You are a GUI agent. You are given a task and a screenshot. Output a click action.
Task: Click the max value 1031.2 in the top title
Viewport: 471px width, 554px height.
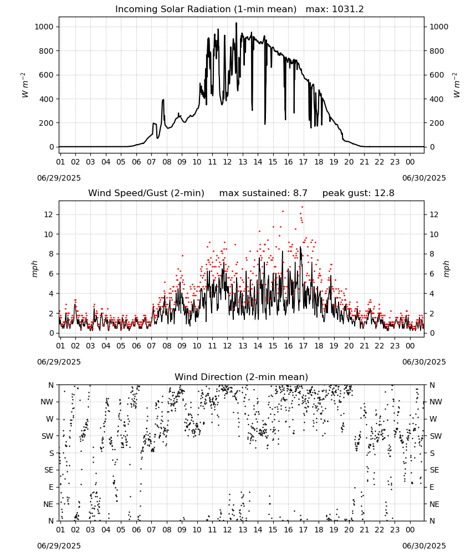[348, 9]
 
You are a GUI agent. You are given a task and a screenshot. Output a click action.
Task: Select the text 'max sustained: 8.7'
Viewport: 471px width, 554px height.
[263, 193]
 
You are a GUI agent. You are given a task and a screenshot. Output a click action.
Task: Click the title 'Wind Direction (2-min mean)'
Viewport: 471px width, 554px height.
[242, 377]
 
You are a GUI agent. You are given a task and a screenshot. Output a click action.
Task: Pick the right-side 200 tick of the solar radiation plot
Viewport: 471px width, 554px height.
[437, 123]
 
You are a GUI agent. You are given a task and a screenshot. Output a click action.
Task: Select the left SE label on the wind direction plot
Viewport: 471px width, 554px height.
[49, 470]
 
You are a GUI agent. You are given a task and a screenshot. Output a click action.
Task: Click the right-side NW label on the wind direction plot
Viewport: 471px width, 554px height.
[436, 402]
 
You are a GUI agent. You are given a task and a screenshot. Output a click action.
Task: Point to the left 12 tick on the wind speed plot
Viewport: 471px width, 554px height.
[49, 214]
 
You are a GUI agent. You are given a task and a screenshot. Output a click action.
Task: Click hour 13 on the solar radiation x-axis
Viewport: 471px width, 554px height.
[243, 162]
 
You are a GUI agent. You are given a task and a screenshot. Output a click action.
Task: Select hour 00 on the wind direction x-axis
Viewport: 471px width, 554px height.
[410, 530]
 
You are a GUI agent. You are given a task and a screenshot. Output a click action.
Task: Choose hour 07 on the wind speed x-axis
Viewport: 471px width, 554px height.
[152, 346]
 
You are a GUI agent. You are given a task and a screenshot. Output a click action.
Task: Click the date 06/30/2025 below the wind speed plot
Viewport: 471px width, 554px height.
[424, 362]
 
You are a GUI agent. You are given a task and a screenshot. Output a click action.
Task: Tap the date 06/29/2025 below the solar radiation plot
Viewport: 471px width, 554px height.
[59, 178]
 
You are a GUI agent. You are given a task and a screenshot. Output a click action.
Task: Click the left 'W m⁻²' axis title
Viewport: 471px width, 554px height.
[24, 85]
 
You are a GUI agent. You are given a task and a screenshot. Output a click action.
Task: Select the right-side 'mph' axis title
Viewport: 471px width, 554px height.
[446, 269]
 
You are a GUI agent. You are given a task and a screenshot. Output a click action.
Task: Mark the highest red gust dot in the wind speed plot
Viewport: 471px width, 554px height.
[302, 207]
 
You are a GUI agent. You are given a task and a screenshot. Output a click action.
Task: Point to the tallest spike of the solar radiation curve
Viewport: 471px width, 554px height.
[237, 23]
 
